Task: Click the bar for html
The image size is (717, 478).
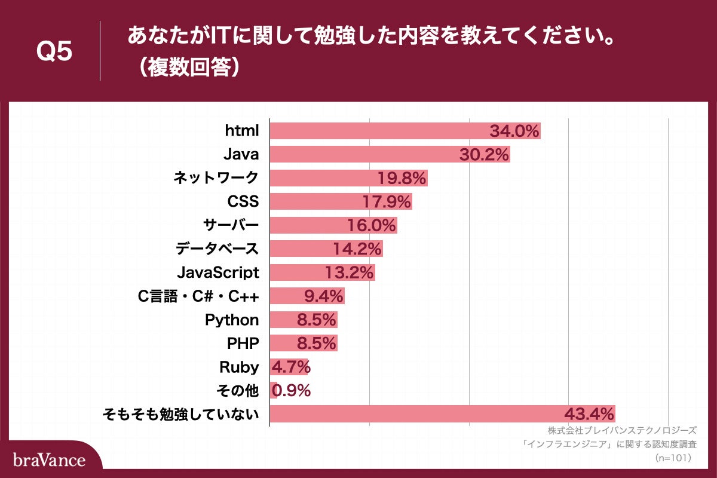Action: (405, 131)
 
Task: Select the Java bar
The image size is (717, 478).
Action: (390, 154)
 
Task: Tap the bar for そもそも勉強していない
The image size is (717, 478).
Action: (442, 413)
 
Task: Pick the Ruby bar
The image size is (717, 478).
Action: (289, 366)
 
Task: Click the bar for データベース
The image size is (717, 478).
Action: (326, 249)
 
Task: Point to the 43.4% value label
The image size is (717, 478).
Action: (589, 413)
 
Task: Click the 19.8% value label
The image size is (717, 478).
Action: (402, 178)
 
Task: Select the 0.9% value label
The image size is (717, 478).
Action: (292, 391)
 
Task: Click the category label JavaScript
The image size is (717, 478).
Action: (218, 272)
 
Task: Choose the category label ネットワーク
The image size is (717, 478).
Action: (216, 177)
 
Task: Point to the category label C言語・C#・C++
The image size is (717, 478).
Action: (198, 296)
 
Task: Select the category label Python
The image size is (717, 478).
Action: (232, 320)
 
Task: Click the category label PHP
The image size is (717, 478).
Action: (243, 343)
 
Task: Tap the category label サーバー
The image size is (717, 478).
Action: (231, 225)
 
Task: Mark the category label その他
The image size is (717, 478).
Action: (237, 391)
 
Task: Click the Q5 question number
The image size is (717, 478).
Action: (54, 52)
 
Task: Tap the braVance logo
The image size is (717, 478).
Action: (49, 460)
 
